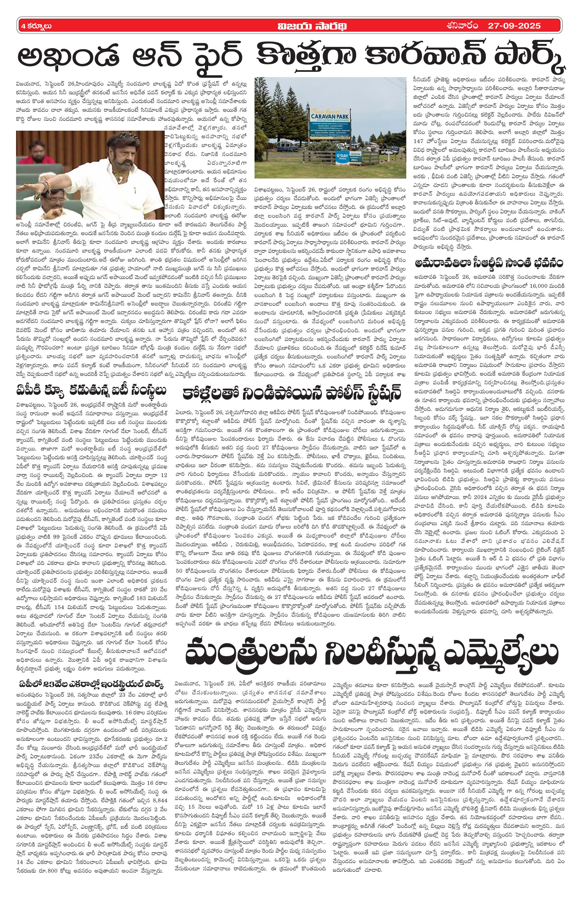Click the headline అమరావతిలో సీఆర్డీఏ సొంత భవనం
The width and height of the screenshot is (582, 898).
489,262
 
